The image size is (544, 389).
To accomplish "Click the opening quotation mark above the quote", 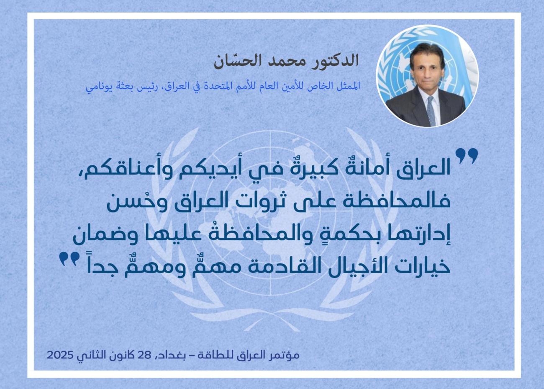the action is click(x=466, y=156).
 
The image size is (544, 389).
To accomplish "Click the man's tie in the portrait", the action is click(x=431, y=111).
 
